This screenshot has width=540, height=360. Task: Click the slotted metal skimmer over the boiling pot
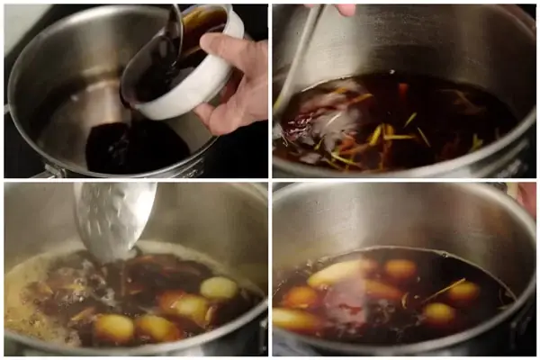point(112,216)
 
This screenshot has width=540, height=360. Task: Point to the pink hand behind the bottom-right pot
point(526,198)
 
